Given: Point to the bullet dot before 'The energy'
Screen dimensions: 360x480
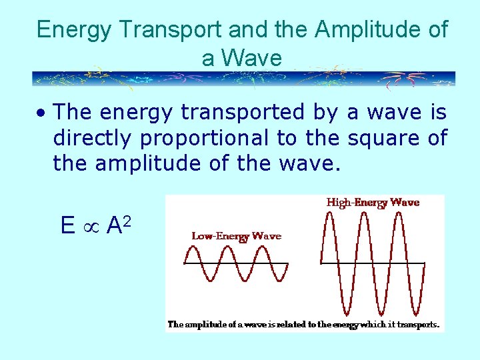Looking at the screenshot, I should pyautogui.click(x=41, y=114).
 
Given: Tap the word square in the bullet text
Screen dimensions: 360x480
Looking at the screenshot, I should pyautogui.click(x=383, y=138).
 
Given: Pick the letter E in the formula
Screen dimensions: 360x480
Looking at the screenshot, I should pyautogui.click(x=67, y=226).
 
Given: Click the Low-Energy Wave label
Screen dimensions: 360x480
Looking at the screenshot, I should pyautogui.click(x=236, y=235).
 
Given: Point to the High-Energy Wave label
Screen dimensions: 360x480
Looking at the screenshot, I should pyautogui.click(x=373, y=202).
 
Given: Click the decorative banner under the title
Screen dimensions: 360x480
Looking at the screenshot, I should pyautogui.click(x=244, y=79).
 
